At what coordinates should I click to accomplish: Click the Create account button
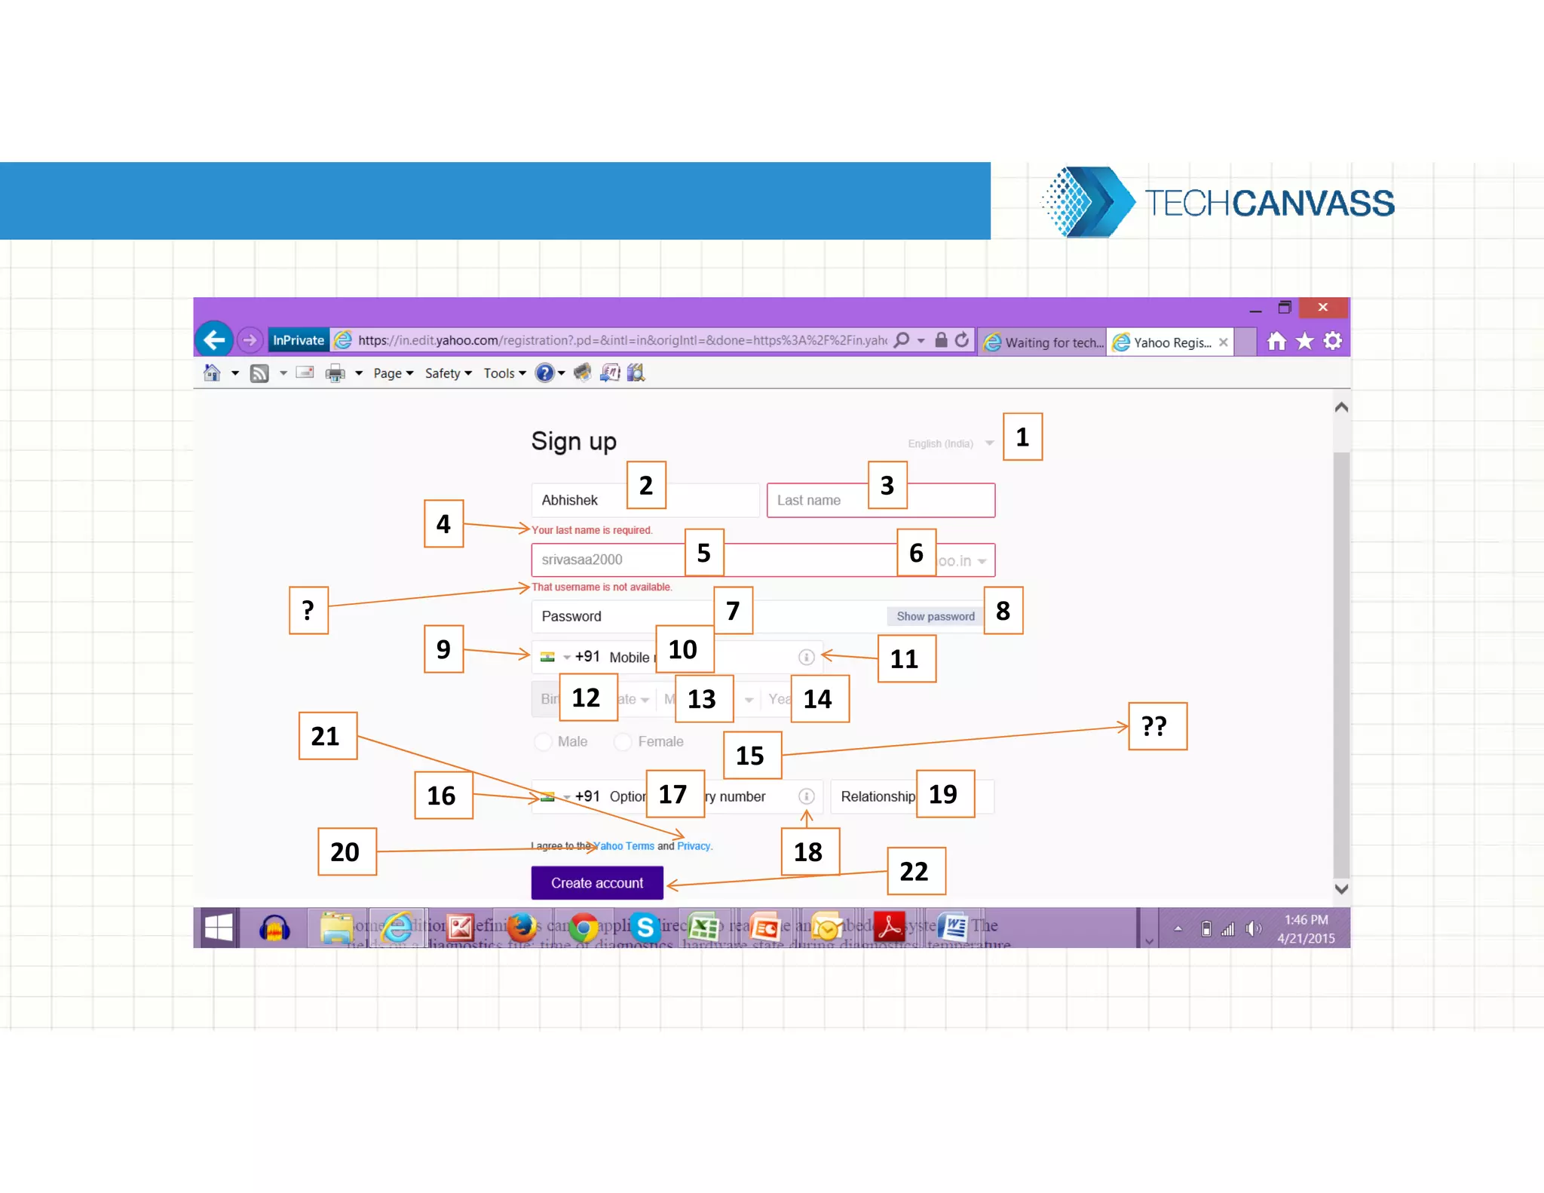coord(596,882)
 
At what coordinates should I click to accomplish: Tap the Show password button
coord(935,616)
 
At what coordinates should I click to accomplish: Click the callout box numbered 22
coord(915,871)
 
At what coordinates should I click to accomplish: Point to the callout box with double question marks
coord(1156,726)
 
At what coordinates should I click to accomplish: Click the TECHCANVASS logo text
coord(1269,203)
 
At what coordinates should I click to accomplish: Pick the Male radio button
coord(543,742)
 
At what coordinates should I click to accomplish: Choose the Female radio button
coord(623,742)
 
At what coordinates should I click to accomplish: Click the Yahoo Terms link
coord(625,846)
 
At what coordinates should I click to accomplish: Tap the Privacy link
coord(694,846)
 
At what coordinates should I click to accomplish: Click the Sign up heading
coord(574,441)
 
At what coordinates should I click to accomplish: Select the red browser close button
coord(1322,307)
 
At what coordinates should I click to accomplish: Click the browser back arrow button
coord(214,340)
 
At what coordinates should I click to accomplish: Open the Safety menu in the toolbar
coord(447,373)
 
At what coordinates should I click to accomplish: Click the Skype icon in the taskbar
coord(645,927)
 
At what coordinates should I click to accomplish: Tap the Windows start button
coord(218,927)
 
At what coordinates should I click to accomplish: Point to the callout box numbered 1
coord(1022,437)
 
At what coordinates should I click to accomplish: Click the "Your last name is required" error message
coord(592,530)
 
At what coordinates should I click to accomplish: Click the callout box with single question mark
coord(308,610)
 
